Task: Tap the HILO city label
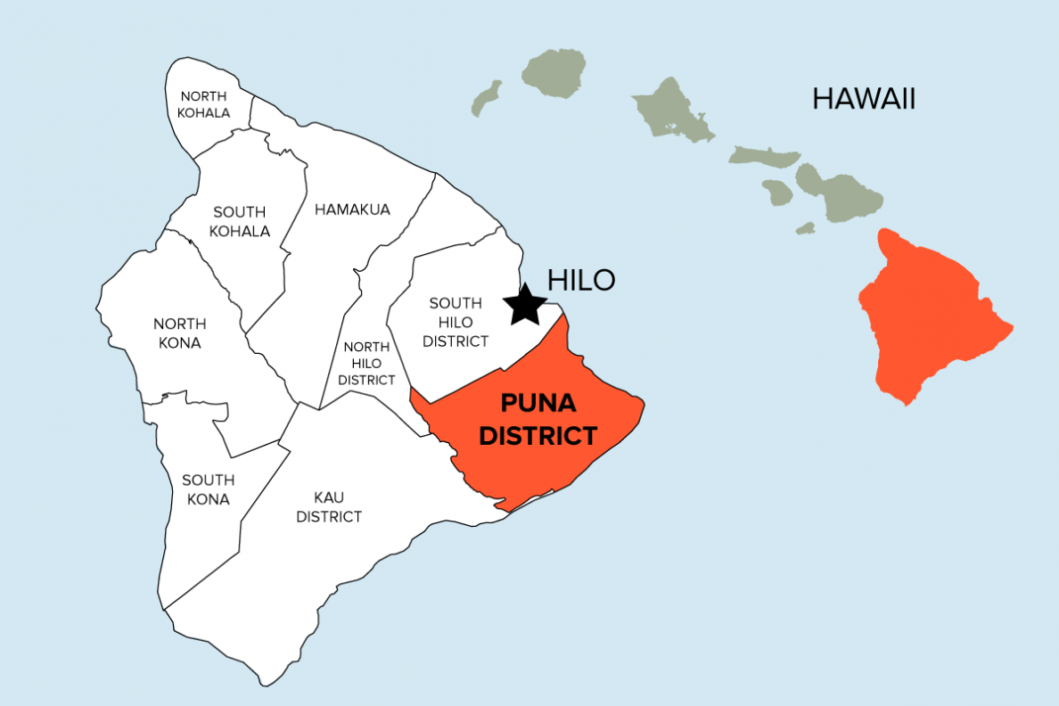click(580, 280)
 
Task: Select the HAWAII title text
click(863, 99)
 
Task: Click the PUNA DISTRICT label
click(537, 420)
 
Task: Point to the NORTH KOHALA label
click(203, 104)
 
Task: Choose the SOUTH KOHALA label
click(240, 221)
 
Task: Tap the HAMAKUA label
click(352, 209)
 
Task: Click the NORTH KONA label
click(179, 332)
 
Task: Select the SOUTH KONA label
click(207, 489)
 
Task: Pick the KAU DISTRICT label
click(329, 506)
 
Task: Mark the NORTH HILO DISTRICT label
click(367, 363)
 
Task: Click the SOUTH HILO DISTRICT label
click(456, 322)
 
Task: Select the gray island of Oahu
click(671, 110)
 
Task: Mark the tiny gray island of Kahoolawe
click(806, 228)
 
